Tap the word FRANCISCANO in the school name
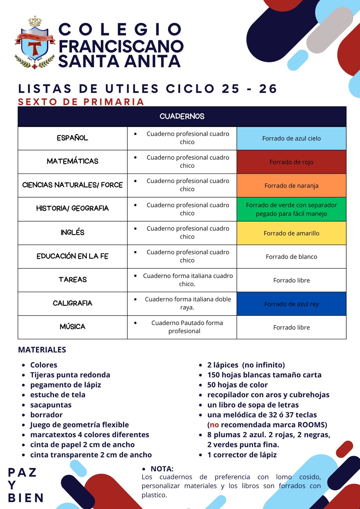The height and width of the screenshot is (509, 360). click(x=121, y=46)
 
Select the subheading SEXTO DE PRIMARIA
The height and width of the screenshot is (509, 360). click(x=81, y=102)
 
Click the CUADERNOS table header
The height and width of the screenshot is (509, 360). click(x=182, y=116)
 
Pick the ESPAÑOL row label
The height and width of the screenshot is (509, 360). click(x=73, y=138)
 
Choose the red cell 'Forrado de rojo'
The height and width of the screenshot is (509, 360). click(x=291, y=162)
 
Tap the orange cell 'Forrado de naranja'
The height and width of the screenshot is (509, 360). click(x=291, y=185)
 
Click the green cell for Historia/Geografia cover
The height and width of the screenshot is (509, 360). click(x=291, y=209)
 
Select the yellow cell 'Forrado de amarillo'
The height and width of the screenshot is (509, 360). click(x=291, y=233)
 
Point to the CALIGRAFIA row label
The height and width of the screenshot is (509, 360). click(x=73, y=303)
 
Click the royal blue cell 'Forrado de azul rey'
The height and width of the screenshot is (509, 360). click(x=291, y=304)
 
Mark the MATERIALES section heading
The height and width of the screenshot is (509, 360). click(x=42, y=350)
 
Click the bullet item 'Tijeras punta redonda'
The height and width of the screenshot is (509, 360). click(x=70, y=375)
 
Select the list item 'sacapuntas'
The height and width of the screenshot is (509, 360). click(x=51, y=405)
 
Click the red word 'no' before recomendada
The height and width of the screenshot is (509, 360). click(x=214, y=425)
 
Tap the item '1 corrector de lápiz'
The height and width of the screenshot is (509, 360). click(x=242, y=455)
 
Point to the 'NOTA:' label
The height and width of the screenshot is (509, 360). click(x=162, y=469)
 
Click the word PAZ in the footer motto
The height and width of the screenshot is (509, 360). click(x=22, y=472)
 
